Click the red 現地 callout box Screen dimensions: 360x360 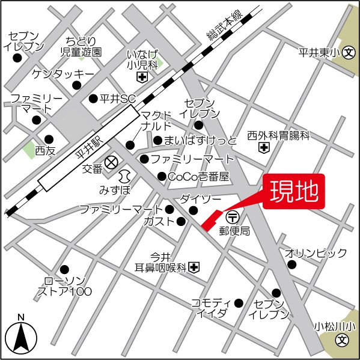(294, 192)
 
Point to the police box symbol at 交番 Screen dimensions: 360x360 (111, 162)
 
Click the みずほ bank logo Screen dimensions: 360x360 (124, 176)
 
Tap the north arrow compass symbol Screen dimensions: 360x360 (21, 337)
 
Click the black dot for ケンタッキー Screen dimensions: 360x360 (76, 85)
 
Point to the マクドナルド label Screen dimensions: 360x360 (156, 120)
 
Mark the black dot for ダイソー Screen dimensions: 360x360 (193, 210)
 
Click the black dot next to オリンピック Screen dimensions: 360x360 (292, 264)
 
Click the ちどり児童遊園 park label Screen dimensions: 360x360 (81, 46)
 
